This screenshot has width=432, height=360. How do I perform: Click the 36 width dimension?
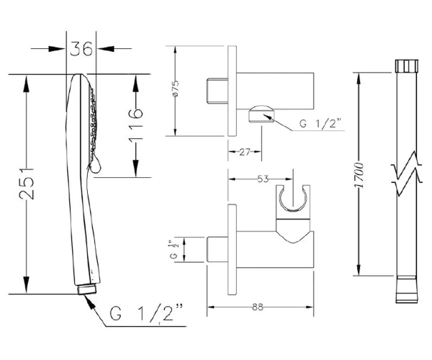[x=81, y=49]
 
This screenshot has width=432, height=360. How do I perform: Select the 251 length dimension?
[x=27, y=184]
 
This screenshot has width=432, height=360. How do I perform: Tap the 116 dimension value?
[x=135, y=125]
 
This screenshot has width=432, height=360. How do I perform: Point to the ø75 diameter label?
[x=175, y=88]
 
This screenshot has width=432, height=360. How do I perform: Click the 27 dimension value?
[x=245, y=152]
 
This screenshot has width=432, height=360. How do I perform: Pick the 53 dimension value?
[x=263, y=179]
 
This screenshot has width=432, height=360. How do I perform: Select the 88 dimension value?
[x=258, y=307]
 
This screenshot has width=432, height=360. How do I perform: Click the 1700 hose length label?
[x=359, y=175]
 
